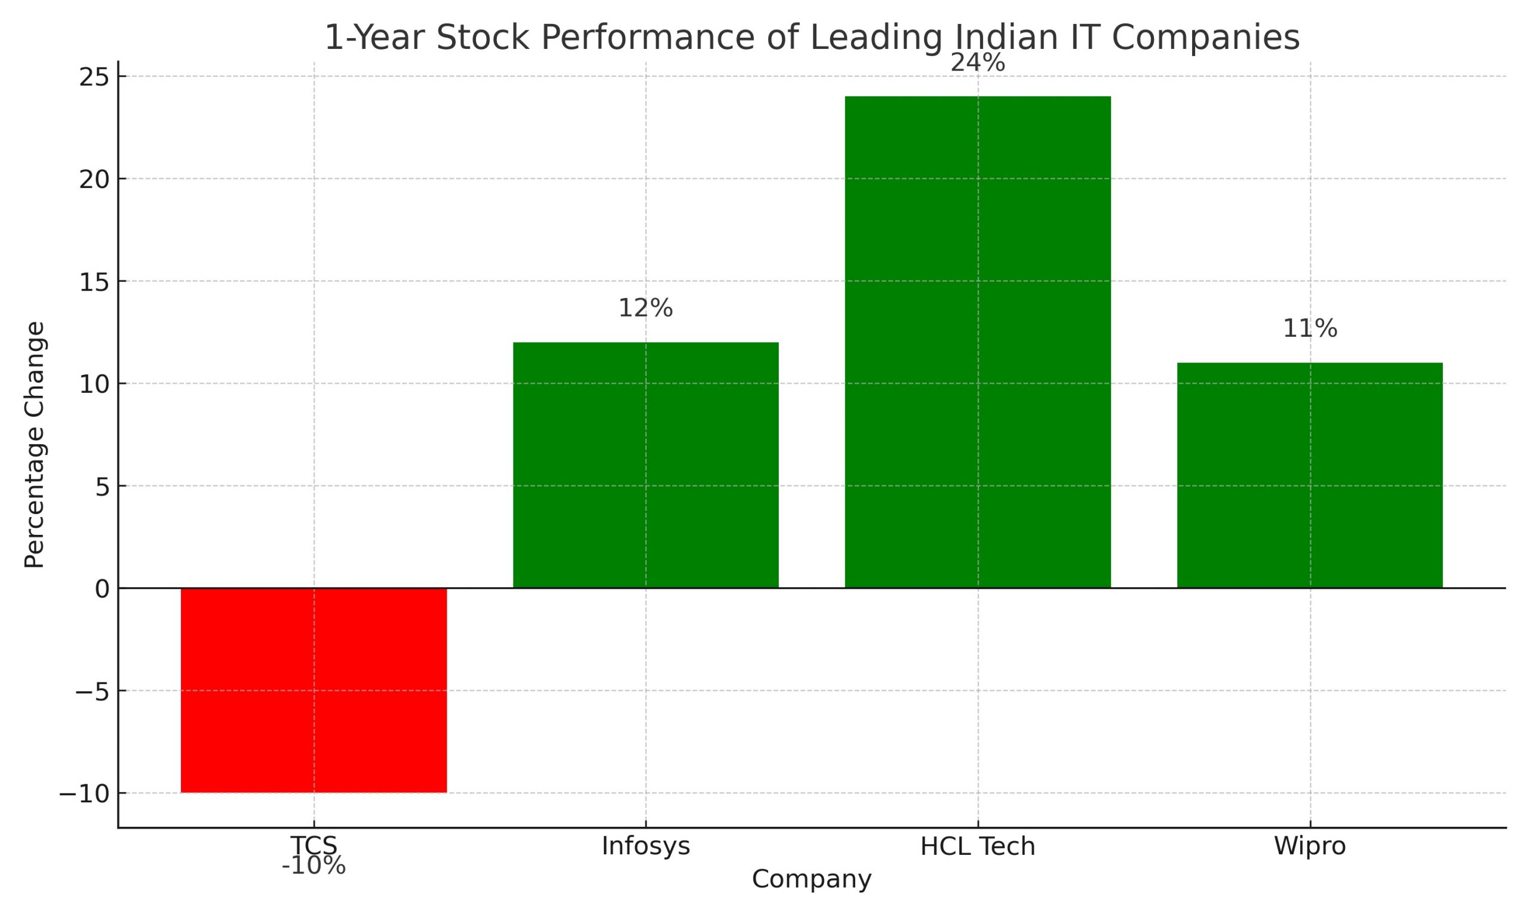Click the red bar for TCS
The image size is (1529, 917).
click(x=314, y=690)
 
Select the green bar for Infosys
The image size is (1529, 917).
click(x=645, y=464)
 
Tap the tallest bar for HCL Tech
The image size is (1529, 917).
click(x=977, y=341)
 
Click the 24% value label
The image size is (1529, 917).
click(x=977, y=63)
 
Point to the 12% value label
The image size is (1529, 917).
click(x=645, y=308)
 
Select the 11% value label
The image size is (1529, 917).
click(x=1310, y=329)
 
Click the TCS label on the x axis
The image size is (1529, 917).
click(x=314, y=845)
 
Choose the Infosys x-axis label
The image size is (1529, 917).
click(x=645, y=846)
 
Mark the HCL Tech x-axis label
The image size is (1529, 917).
click(x=977, y=846)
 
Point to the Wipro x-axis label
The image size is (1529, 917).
click(x=1310, y=846)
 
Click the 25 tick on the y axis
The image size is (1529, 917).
click(x=93, y=77)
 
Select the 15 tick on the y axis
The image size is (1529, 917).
click(x=93, y=282)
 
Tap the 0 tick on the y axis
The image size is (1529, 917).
click(x=102, y=589)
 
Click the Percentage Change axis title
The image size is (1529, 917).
click(x=35, y=444)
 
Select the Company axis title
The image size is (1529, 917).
click(x=811, y=879)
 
